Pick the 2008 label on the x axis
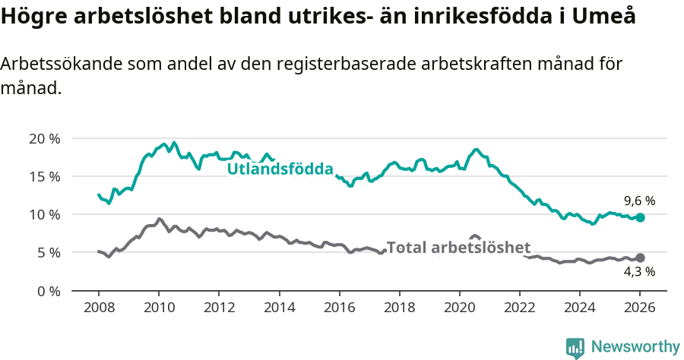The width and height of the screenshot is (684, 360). coord(98,310)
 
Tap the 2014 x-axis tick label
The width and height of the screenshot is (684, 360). coord(279,310)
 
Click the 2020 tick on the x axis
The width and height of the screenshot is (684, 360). coord(459,310)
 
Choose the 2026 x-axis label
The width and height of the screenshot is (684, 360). coord(640,310)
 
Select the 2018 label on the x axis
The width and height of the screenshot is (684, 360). coord(399,310)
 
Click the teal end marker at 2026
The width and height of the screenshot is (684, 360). coord(640,217)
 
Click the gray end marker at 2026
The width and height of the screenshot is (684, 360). coord(640,258)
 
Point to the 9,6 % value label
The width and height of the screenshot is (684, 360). coord(639,201)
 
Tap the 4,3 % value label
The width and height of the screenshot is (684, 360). coord(639,272)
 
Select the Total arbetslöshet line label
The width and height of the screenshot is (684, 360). coord(458,248)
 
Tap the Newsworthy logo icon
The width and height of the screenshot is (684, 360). coord(575,348)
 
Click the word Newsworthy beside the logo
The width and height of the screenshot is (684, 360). coord(635,347)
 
